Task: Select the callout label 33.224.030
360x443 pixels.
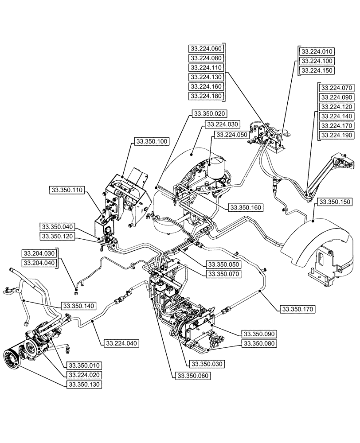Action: pos(222,124)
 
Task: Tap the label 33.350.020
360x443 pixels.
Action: pos(209,113)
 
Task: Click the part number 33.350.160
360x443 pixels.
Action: pos(245,207)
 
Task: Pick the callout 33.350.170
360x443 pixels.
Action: pos(297,309)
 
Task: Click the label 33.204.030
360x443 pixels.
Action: pos(40,253)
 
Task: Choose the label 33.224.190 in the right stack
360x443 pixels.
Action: pos(337,135)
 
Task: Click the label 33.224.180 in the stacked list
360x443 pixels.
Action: pos(207,96)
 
